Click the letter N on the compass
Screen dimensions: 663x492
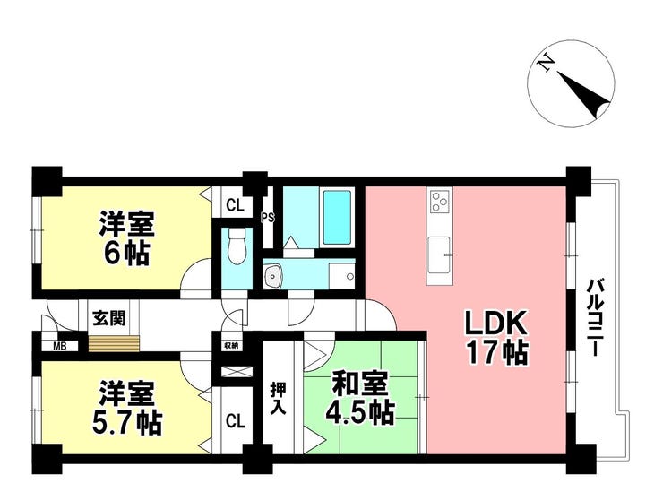click(x=546, y=64)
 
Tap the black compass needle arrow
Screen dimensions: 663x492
click(x=585, y=96)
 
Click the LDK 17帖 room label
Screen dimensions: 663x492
click(x=496, y=338)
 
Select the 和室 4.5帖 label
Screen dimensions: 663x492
click(x=360, y=398)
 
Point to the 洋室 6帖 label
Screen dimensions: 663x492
click(x=126, y=237)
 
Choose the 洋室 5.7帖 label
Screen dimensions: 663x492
click(x=127, y=408)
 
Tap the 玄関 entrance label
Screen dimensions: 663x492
click(x=109, y=318)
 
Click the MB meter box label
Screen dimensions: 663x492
click(x=60, y=347)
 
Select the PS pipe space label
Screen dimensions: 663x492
click(x=267, y=218)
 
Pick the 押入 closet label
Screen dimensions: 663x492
click(x=279, y=399)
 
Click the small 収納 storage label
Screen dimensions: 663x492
click(x=231, y=346)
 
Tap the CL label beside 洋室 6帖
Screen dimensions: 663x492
click(x=235, y=206)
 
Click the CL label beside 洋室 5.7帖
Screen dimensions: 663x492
click(x=235, y=421)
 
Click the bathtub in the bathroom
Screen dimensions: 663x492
click(x=337, y=218)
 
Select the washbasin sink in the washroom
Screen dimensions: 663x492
click(x=272, y=277)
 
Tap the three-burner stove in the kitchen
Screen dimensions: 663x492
click(x=440, y=201)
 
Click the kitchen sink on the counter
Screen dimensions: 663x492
click(x=438, y=255)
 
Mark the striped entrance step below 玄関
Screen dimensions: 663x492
click(x=114, y=342)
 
